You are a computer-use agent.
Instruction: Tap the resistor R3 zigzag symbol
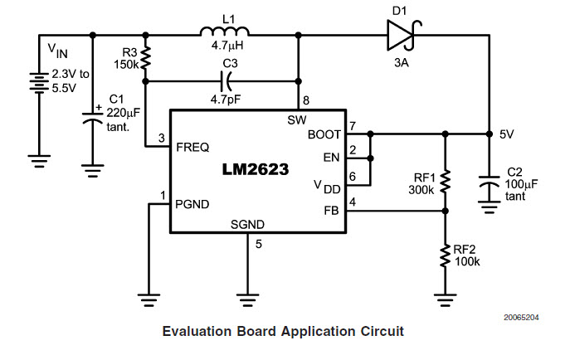(x=146, y=58)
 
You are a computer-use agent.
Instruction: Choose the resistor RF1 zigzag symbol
(x=446, y=182)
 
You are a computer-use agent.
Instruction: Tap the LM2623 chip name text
(x=256, y=170)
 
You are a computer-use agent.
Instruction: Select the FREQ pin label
(x=192, y=146)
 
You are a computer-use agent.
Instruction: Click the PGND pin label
(x=192, y=203)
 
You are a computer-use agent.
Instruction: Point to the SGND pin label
(x=248, y=225)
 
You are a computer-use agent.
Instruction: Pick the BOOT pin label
(x=324, y=134)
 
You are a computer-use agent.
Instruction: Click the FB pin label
(x=333, y=210)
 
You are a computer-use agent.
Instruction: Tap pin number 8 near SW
(x=306, y=101)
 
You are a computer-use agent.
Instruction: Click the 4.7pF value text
(x=225, y=99)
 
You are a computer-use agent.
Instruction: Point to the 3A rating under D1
(x=399, y=60)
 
